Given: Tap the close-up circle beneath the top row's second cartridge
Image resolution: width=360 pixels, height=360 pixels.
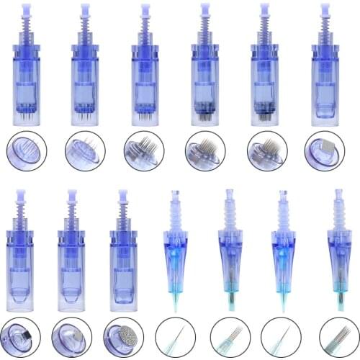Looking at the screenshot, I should tap(86, 151).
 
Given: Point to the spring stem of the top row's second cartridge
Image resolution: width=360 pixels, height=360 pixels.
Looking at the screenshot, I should tap(85, 29).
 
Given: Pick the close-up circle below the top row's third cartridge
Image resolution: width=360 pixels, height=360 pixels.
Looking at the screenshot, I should tap(144, 151).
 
